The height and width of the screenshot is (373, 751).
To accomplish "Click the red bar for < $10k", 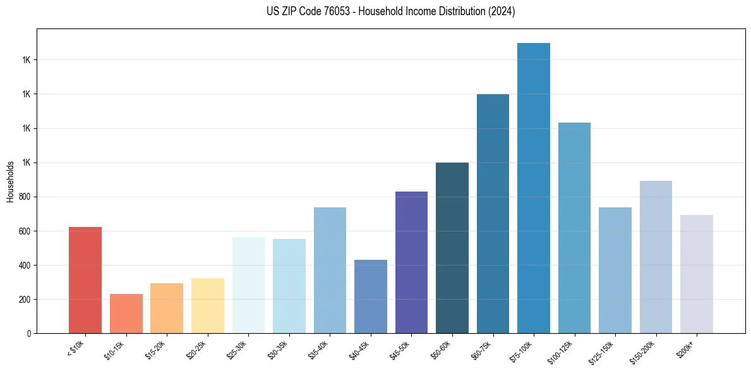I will pyautogui.click(x=85, y=280).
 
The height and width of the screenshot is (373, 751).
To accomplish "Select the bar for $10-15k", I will pyautogui.click(x=126, y=314).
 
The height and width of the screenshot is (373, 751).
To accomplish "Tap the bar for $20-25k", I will pyautogui.click(x=208, y=306).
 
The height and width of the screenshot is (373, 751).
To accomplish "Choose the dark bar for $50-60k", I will pyautogui.click(x=452, y=248).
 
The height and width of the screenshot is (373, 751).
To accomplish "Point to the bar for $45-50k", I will pyautogui.click(x=411, y=262).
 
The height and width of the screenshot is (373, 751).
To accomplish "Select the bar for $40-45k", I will pyautogui.click(x=371, y=297).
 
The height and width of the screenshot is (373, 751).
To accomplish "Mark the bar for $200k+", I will pyautogui.click(x=697, y=274).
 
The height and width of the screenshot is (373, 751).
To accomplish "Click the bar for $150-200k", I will pyautogui.click(x=656, y=257).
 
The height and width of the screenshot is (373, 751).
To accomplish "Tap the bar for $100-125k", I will pyautogui.click(x=574, y=228).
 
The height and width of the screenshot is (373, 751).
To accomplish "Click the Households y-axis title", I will pyautogui.click(x=10, y=182).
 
